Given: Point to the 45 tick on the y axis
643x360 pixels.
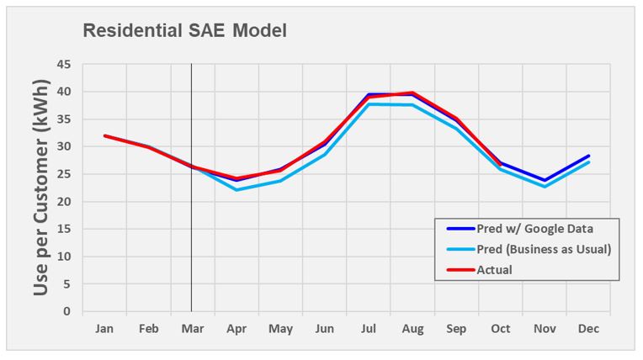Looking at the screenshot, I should [x=65, y=65].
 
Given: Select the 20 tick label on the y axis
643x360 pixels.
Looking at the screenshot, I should [x=65, y=202].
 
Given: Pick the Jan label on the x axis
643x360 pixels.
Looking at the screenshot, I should [x=104, y=329].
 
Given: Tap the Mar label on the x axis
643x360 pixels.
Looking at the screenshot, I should [x=192, y=329].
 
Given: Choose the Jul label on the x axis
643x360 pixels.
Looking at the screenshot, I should [x=369, y=329].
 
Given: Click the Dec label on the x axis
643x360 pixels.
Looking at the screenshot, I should [x=588, y=329].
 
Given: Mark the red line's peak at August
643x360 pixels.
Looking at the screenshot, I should [x=412, y=93].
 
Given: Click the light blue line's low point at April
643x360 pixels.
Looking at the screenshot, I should [x=236, y=190].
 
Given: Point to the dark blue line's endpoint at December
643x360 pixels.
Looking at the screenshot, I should [x=589, y=156].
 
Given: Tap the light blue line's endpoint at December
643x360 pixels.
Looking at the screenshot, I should [x=589, y=162].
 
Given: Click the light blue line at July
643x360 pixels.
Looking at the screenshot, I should [x=369, y=104].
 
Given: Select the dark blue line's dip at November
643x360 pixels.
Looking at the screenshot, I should [x=545, y=180].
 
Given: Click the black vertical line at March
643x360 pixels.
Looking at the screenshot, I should [x=192, y=252].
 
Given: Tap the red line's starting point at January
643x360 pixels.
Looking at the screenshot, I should [x=104, y=135].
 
